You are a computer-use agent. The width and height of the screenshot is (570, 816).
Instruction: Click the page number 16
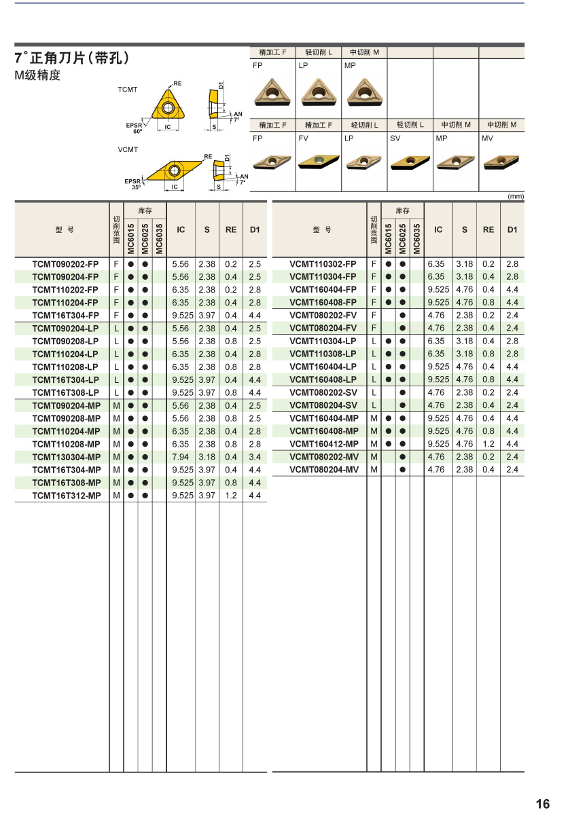click(x=542, y=804)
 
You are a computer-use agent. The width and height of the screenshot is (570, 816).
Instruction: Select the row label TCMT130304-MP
click(x=66, y=457)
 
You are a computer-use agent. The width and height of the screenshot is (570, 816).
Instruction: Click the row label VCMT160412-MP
click(x=323, y=444)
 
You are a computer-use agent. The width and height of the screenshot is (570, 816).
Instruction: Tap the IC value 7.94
click(x=181, y=457)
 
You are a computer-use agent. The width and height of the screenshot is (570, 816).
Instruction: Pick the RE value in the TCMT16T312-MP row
click(x=231, y=496)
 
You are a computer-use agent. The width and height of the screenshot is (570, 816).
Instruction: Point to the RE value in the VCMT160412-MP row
click(x=488, y=444)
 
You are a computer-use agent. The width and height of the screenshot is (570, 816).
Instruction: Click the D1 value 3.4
click(x=255, y=457)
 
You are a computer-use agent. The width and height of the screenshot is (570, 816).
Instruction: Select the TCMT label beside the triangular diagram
click(x=127, y=90)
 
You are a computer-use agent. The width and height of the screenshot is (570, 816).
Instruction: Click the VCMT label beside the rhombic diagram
click(x=128, y=149)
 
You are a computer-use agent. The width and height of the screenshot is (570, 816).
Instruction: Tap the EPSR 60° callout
click(x=135, y=127)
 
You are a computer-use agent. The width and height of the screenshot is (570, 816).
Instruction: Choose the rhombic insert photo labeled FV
click(x=319, y=162)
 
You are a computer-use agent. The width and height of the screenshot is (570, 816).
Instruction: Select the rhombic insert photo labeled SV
click(x=410, y=162)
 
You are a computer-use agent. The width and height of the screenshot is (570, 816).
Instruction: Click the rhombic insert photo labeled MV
click(x=502, y=162)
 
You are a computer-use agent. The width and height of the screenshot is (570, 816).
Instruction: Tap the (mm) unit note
click(x=516, y=196)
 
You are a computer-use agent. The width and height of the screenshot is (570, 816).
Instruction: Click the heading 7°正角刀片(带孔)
click(x=71, y=58)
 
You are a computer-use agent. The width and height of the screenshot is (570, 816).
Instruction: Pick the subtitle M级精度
click(x=37, y=75)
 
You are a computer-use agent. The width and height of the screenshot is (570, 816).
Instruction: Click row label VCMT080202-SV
click(x=323, y=392)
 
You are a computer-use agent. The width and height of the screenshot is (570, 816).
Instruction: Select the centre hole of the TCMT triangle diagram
click(x=167, y=108)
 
